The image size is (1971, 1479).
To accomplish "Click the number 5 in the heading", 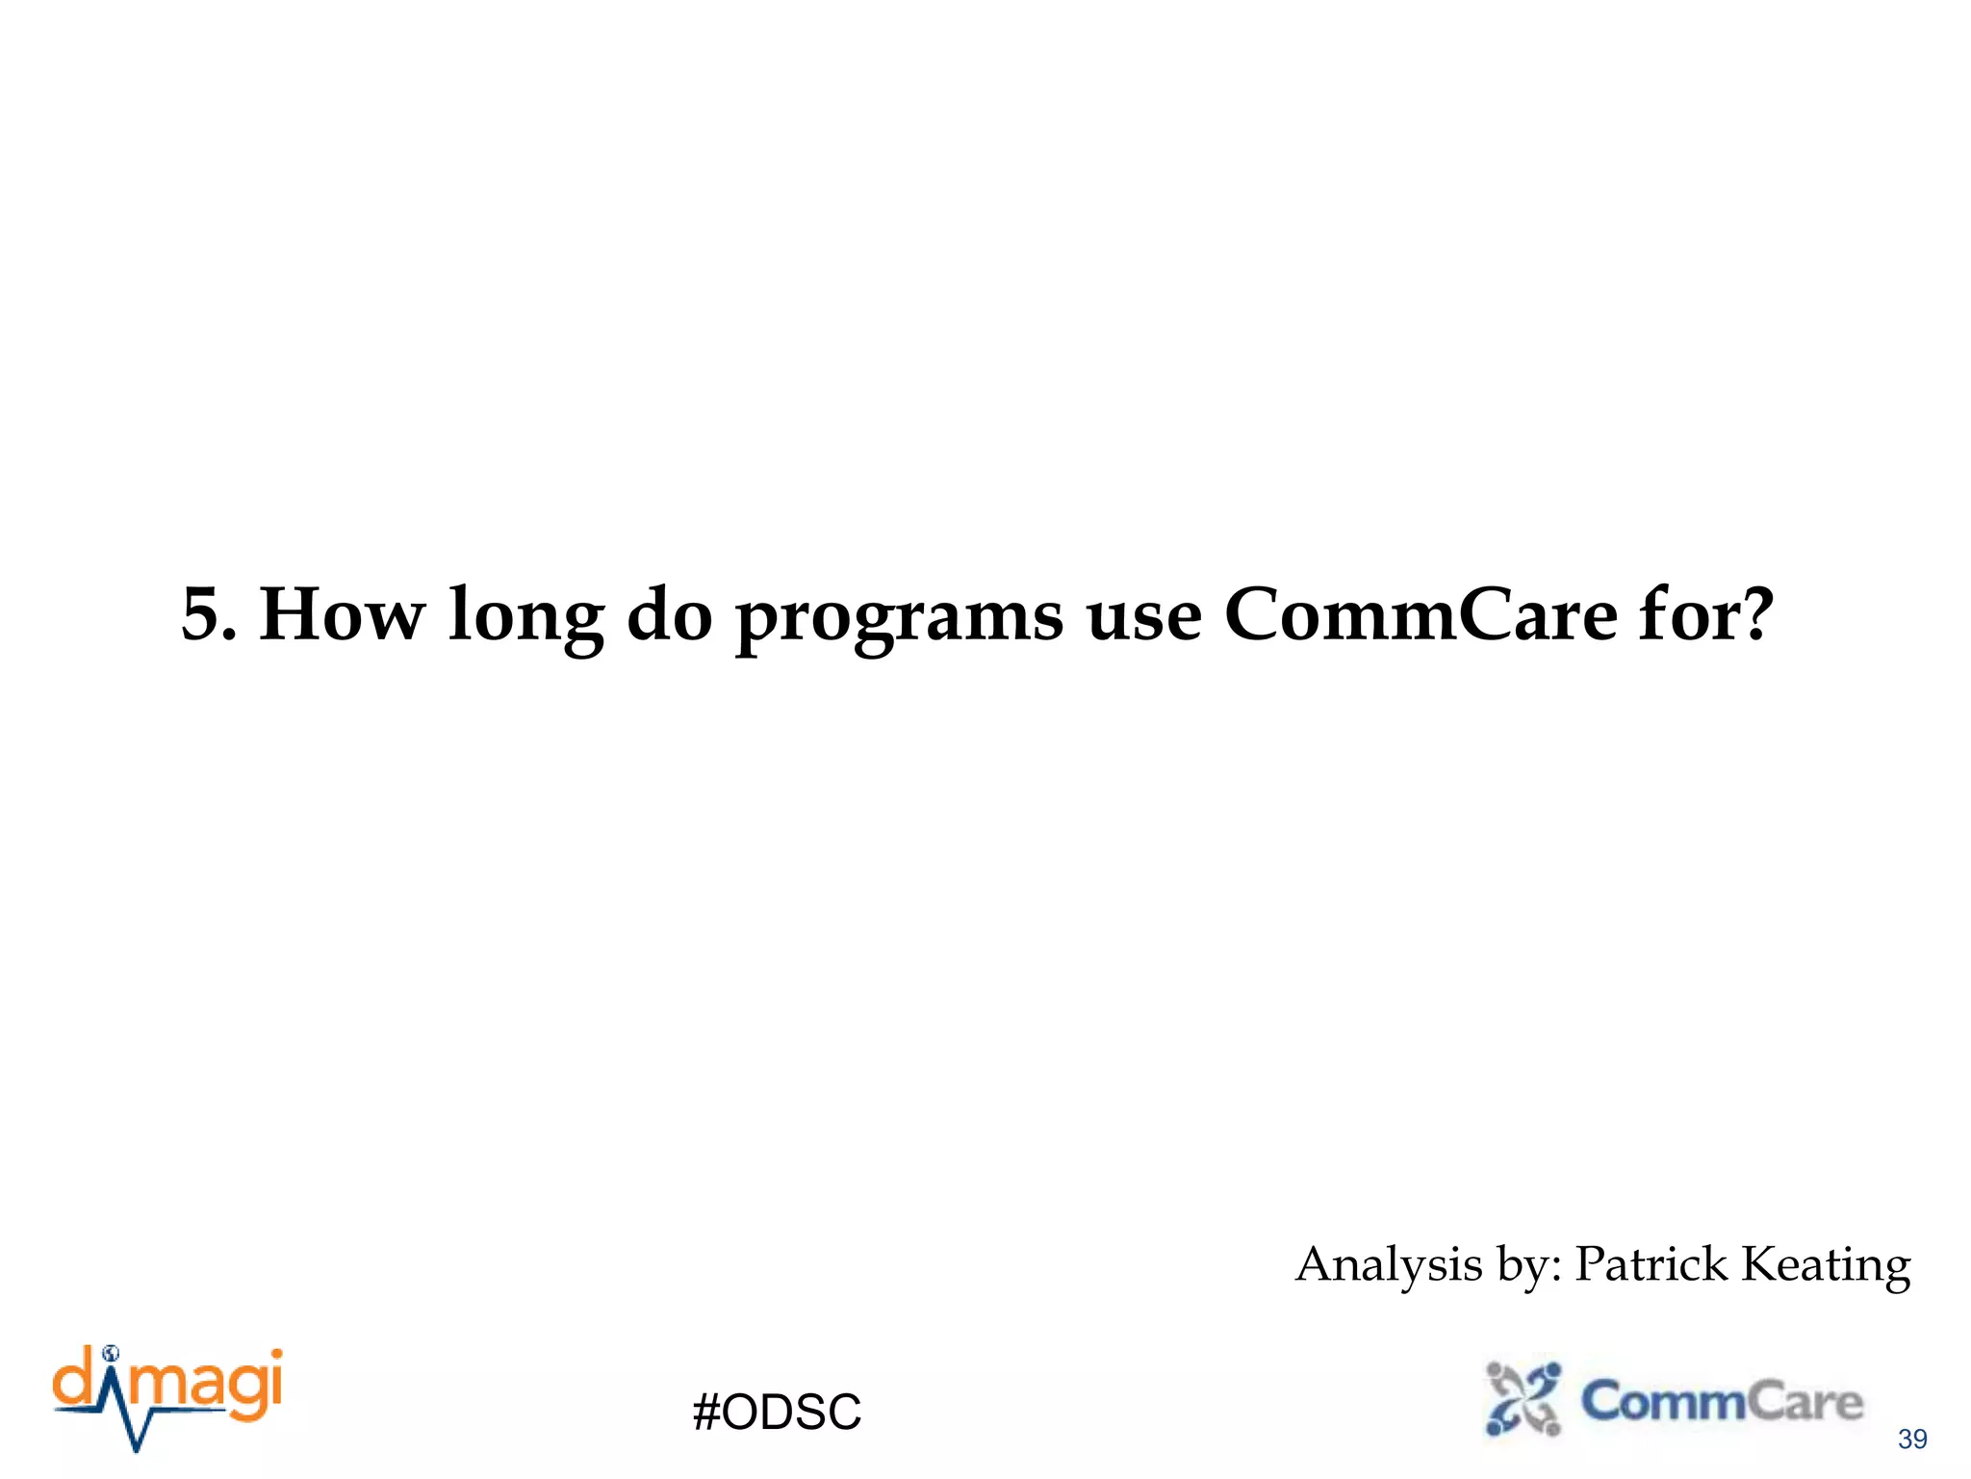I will coord(206,614).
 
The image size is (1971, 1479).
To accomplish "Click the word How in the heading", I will coord(342,614).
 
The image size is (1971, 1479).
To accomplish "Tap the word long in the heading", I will coord(526,616).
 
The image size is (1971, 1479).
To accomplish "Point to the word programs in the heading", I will coord(900,618).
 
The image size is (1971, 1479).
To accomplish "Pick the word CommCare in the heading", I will coord(1421,614).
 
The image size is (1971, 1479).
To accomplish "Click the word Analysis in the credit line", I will coord(1389,1265).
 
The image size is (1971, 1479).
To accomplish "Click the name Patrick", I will coord(1651,1263).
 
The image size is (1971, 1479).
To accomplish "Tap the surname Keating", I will coord(1826,1265).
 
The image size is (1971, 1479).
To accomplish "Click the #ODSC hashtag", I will coord(777,1413).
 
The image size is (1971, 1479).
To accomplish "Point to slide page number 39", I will coord(1911,1440).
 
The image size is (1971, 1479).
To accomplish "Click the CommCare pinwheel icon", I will coord(1523,1398).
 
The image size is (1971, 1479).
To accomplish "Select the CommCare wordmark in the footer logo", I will coord(1722,1401).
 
